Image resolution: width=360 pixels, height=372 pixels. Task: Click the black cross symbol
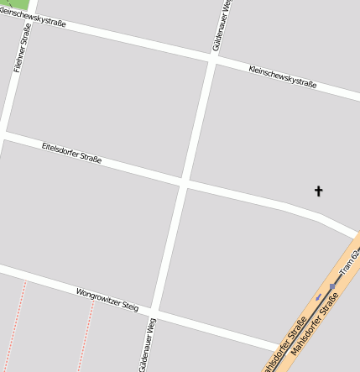[319, 191]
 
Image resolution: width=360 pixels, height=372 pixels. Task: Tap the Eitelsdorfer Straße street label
[71, 152]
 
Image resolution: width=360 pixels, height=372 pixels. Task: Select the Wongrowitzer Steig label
[107, 300]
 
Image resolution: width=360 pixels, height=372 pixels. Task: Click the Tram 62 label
[350, 261]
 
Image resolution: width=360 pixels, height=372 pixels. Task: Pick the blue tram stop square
[332, 286]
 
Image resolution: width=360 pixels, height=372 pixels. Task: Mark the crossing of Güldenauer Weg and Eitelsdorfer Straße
[183, 181]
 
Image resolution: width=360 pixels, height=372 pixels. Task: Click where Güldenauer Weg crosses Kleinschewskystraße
[210, 58]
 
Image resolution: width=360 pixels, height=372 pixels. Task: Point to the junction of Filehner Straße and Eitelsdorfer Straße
[3, 133]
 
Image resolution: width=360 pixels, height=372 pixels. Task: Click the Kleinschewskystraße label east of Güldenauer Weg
[282, 76]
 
